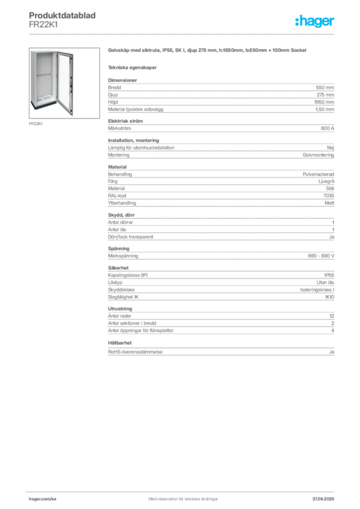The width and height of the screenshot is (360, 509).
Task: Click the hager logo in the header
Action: pyautogui.click(x=315, y=21)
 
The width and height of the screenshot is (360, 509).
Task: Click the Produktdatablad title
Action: pyautogui.click(x=62, y=15)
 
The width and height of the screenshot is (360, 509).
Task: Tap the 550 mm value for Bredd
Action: pyautogui.click(x=325, y=87)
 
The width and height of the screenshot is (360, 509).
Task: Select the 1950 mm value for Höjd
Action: pyautogui.click(x=324, y=102)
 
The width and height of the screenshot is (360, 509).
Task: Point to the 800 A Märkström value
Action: pyautogui.click(x=327, y=128)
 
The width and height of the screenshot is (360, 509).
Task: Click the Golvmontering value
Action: pyautogui.click(x=318, y=155)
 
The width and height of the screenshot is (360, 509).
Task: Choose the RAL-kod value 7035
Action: pyautogui.click(x=329, y=195)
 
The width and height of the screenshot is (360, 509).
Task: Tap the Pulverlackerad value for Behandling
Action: pyautogui.click(x=318, y=174)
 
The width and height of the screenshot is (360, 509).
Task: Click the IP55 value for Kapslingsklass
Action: pyautogui.click(x=329, y=275)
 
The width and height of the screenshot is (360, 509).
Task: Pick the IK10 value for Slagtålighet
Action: pyautogui.click(x=330, y=297)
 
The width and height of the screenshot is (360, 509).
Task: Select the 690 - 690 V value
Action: pyautogui.click(x=321, y=256)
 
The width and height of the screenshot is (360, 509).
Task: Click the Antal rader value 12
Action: pyautogui.click(x=332, y=316)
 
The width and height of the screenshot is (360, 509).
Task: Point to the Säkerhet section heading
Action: pyautogui.click(x=118, y=268)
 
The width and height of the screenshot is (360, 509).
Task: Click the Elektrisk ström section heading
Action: pyautogui.click(x=125, y=121)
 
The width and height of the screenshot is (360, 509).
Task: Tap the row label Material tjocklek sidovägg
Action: pyautogui.click(x=136, y=109)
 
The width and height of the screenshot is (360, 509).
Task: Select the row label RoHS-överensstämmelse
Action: pyautogui.click(x=135, y=352)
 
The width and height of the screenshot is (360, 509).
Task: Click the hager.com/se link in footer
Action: pyautogui.click(x=43, y=499)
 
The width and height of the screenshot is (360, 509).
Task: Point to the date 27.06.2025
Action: pyautogui.click(x=323, y=499)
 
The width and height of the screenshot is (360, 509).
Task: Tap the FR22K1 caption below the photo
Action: pyautogui.click(x=35, y=124)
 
